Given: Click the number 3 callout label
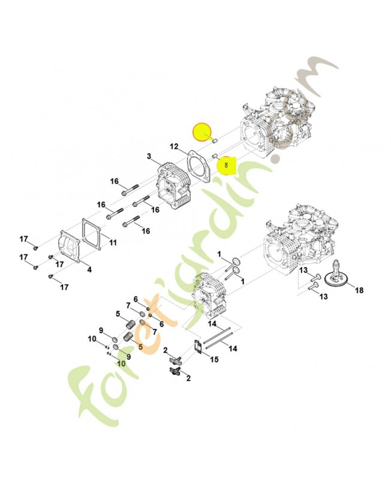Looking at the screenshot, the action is [149, 157].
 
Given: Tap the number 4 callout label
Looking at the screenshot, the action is [89, 269].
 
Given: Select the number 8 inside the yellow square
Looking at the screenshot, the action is [226, 166].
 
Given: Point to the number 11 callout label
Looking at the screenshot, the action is [113, 243].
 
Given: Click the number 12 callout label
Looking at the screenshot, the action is [174, 147].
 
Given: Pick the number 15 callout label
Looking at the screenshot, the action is [215, 359].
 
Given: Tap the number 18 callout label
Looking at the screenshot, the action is [359, 290].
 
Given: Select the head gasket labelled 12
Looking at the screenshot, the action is [199, 166].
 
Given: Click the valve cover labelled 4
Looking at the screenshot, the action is [70, 247].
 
